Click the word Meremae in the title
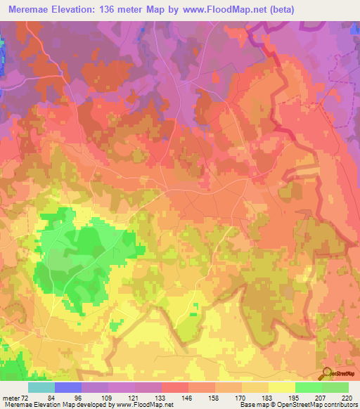(30, 10)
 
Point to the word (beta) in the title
(278, 10)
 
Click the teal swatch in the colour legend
(41, 387)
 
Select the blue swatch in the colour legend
(68, 387)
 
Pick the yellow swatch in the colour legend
(281, 387)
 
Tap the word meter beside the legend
(11, 398)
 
